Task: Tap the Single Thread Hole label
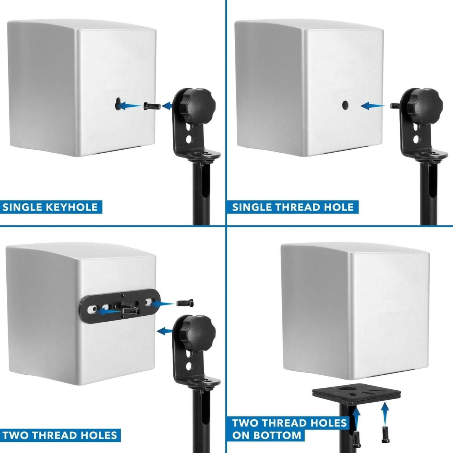[293, 207]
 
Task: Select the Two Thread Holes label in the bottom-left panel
[60, 435]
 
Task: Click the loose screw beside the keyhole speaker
[151, 106]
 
